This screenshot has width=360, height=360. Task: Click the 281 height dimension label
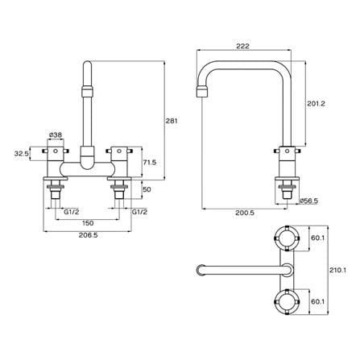pos(172,121)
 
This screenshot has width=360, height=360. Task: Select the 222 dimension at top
pos(243,46)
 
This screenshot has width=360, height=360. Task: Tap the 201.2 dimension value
pos(316,104)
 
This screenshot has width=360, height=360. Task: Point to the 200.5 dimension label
pos(245,213)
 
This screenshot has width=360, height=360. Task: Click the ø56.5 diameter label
pos(309,201)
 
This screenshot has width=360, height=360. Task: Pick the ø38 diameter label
pos(56,134)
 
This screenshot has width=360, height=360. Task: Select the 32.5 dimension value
pos(22,154)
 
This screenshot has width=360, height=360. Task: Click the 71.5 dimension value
pos(150,163)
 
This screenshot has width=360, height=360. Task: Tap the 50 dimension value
pos(147,189)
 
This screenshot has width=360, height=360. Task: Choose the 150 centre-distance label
pos(88,223)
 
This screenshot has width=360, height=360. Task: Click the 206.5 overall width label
pos(88,235)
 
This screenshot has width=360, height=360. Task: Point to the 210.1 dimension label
pos(337,270)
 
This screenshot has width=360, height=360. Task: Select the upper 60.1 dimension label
pos(318,238)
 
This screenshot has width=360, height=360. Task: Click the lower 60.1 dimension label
pos(318,302)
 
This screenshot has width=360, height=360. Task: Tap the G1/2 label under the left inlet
pos(72,212)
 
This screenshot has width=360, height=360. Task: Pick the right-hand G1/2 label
pos(139,212)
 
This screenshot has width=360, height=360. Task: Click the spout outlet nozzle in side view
pos(204,91)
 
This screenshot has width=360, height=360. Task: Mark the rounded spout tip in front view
pos(88,65)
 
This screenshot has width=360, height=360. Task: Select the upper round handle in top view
pos(287,238)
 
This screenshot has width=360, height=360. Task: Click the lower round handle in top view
pos(287,302)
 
